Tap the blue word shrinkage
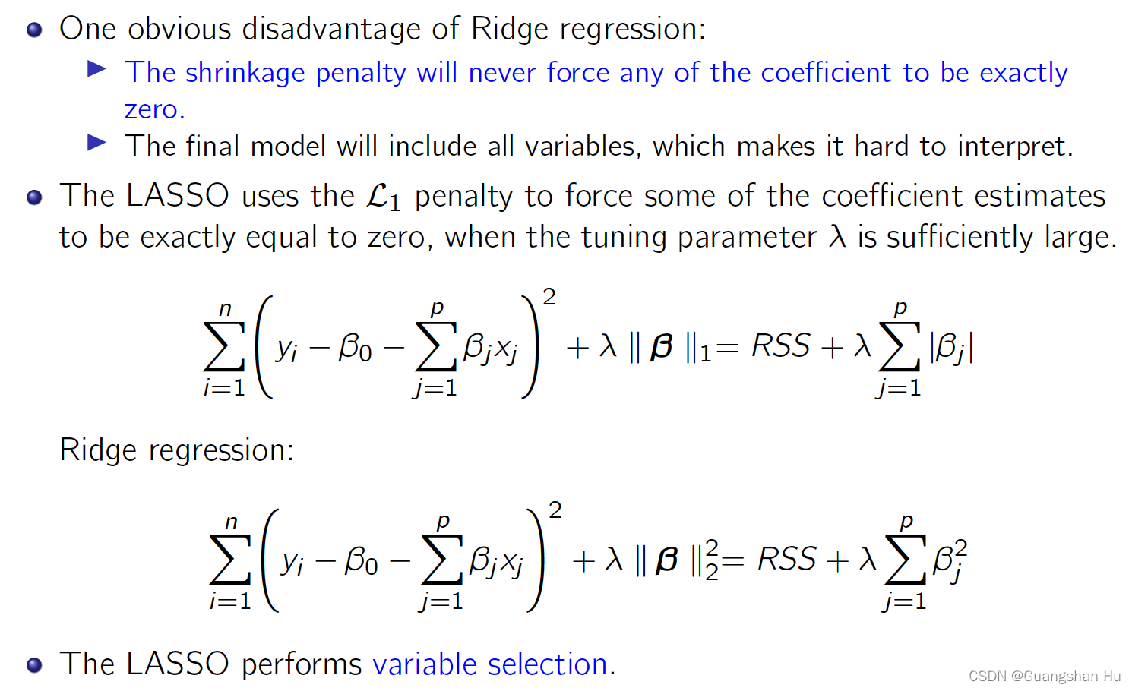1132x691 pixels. (x=245, y=73)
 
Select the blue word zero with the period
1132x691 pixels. (x=154, y=109)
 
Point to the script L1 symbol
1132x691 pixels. (x=383, y=196)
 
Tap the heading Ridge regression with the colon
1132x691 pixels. (x=176, y=450)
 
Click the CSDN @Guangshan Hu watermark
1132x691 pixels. (x=1044, y=676)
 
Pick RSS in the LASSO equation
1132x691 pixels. (x=780, y=346)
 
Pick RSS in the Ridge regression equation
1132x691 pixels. (x=786, y=560)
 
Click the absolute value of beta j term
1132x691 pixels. (x=950, y=348)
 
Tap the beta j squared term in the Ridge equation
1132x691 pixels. (x=949, y=560)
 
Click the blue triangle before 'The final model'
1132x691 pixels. (x=96, y=143)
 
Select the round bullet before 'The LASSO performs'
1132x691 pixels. (x=34, y=665)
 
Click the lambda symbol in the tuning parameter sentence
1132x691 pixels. (x=836, y=237)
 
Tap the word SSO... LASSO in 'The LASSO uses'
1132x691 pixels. (x=177, y=196)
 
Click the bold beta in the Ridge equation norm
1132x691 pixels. (x=667, y=560)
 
